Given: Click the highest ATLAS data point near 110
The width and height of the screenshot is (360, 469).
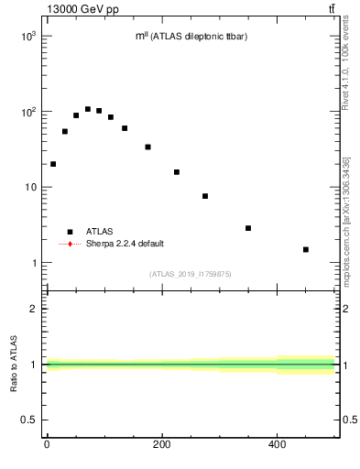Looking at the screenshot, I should (88, 109).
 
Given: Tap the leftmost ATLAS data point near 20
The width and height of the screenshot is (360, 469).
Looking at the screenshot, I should (53, 164).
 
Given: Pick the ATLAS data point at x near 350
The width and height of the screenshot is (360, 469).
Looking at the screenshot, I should (248, 228).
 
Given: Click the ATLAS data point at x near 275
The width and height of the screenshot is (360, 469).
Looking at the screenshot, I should (205, 196).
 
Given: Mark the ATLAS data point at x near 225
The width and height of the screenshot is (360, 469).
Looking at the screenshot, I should (177, 172).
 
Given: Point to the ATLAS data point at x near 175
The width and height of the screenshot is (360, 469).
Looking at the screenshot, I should (147, 147).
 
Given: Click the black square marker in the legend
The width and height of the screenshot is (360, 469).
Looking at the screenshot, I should (70, 232).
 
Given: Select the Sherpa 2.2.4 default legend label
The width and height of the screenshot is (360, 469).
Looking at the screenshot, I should (121, 245).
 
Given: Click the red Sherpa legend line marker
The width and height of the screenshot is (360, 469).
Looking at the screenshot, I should (70, 245).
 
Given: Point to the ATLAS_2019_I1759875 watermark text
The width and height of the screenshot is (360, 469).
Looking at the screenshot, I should (190, 274).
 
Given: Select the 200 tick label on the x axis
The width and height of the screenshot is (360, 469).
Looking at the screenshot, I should (161, 446).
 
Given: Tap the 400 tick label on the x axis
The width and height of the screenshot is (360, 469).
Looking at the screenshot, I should (277, 446).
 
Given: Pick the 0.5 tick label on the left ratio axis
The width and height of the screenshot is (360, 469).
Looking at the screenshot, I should (28, 420).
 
